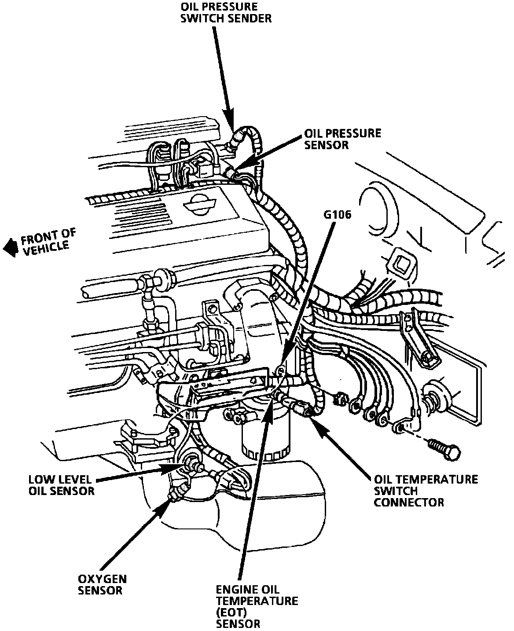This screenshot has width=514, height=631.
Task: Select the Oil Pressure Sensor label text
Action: pos(342,139)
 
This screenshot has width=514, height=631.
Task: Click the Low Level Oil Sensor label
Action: pos(61,485)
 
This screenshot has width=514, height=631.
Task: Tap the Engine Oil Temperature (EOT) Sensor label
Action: pos(257,606)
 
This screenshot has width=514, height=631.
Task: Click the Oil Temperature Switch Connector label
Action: pos(426,490)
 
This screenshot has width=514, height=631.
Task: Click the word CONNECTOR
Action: pos(409,502)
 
